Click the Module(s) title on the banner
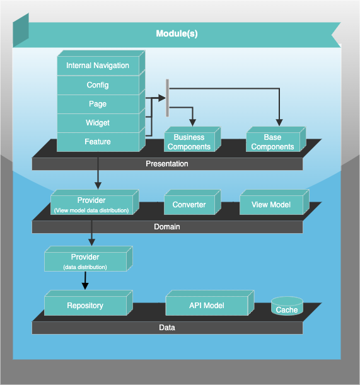tap(177, 33)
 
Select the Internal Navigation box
tap(98, 66)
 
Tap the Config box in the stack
tap(98, 85)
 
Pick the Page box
tap(98, 104)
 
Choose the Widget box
tap(98, 123)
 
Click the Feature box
tap(98, 142)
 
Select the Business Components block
tap(189, 142)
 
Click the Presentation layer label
tap(167, 164)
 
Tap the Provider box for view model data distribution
tap(91, 205)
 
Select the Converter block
tap(189, 205)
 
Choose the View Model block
tap(271, 205)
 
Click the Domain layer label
tap(167, 226)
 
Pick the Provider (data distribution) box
tap(85, 261)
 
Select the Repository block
tap(85, 306)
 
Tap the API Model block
tap(207, 306)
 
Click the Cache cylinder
tap(287, 307)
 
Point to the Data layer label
tap(167, 328)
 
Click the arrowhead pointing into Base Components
tap(277, 123)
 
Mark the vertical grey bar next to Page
tap(167, 98)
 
